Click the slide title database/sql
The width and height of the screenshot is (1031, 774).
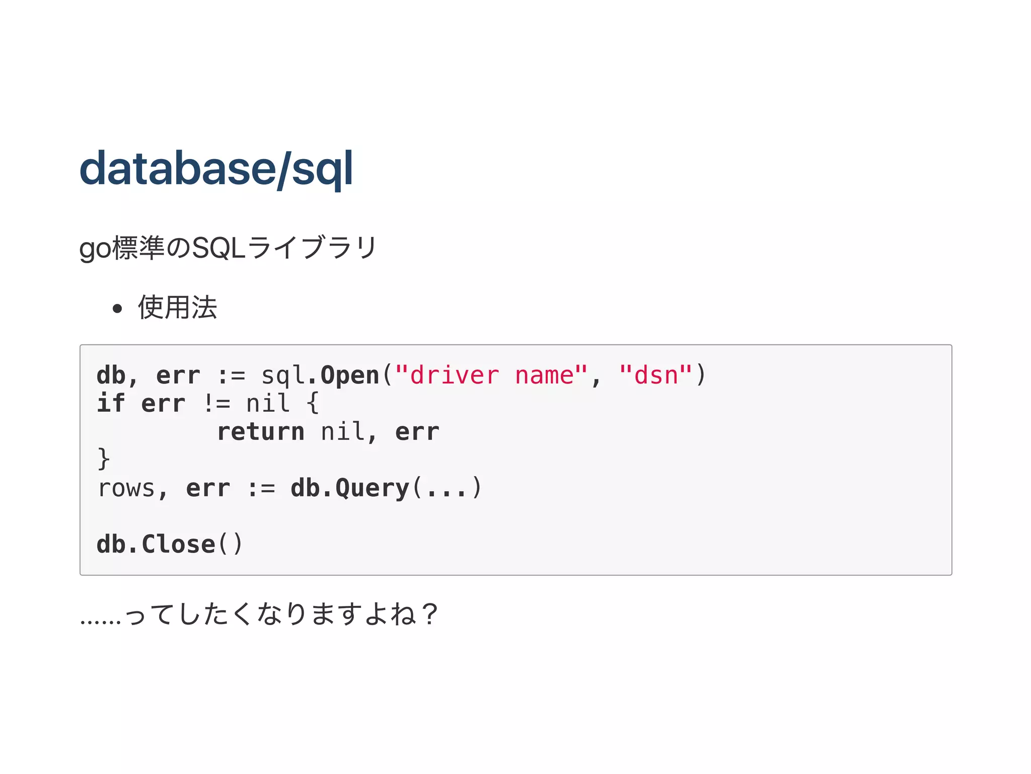tap(216, 169)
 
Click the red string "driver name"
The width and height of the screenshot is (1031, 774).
tap(491, 375)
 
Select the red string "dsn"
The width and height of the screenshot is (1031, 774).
tap(655, 375)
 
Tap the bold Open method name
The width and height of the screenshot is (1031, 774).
tap(350, 375)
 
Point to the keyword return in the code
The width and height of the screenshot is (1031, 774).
tap(261, 432)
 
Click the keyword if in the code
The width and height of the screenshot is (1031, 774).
tap(110, 404)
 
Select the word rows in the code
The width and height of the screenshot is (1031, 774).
tap(126, 488)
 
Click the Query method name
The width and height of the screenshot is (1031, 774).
tap(373, 488)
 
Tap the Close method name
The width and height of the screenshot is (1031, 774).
tap(179, 545)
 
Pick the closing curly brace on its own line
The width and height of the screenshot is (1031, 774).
tap(103, 459)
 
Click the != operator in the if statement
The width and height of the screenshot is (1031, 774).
tap(217, 404)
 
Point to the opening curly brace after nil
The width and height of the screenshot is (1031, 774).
tap(313, 404)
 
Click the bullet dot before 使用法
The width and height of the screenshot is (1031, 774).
tap(118, 308)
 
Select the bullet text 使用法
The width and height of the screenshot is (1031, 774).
tap(177, 307)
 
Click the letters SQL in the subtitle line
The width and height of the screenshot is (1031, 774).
tap(219, 248)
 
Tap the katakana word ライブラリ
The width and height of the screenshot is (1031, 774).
tap(312, 248)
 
